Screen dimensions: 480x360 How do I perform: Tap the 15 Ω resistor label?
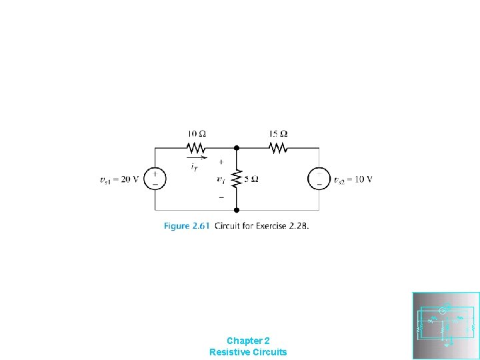click(x=278, y=134)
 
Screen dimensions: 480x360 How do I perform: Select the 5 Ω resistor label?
click(x=251, y=179)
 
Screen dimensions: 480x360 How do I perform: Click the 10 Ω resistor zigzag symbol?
click(x=196, y=147)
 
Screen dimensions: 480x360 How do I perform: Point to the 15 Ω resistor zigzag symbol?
click(x=277, y=147)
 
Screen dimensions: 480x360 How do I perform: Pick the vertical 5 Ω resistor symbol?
click(x=236, y=179)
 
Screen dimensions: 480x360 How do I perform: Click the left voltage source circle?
click(x=155, y=179)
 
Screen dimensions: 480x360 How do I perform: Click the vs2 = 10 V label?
click(x=353, y=179)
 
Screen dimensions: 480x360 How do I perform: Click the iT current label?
click(x=194, y=166)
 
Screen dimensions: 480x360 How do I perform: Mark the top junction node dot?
click(x=236, y=147)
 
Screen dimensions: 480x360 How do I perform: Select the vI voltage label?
click(x=221, y=179)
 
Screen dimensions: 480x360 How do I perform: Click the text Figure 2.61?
click(x=187, y=226)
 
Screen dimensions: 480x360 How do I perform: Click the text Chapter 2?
click(x=248, y=340)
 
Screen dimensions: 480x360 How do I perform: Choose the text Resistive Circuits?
click(x=248, y=351)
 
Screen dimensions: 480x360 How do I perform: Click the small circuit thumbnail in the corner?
click(x=446, y=325)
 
